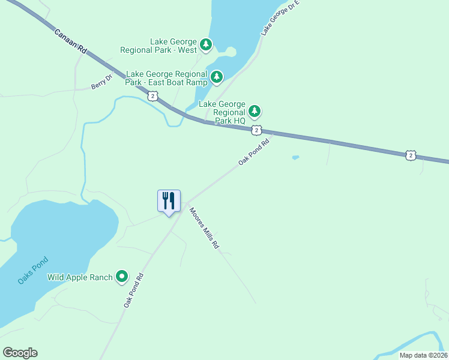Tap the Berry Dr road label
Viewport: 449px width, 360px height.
click(x=101, y=82)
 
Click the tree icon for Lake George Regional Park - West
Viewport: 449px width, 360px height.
click(x=206, y=44)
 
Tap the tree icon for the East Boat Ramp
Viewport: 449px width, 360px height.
click(x=217, y=77)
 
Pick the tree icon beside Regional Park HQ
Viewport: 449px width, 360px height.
click(x=255, y=111)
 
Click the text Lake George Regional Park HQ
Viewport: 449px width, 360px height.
click(x=222, y=112)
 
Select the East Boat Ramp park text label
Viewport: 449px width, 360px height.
click(x=166, y=78)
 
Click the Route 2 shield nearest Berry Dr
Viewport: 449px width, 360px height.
click(x=154, y=96)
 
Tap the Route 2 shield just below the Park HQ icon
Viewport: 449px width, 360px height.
click(x=256, y=130)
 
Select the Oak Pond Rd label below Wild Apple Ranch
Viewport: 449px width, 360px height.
click(x=134, y=291)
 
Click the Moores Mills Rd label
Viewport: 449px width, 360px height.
click(x=204, y=228)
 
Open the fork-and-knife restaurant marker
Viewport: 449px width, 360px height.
click(x=169, y=201)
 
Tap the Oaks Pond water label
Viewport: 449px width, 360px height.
click(x=32, y=271)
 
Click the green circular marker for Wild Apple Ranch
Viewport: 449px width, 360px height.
click(x=122, y=277)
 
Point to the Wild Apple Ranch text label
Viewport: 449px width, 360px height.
click(x=80, y=277)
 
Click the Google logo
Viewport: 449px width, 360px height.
click(x=20, y=353)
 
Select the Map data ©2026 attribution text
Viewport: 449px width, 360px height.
click(x=423, y=355)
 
